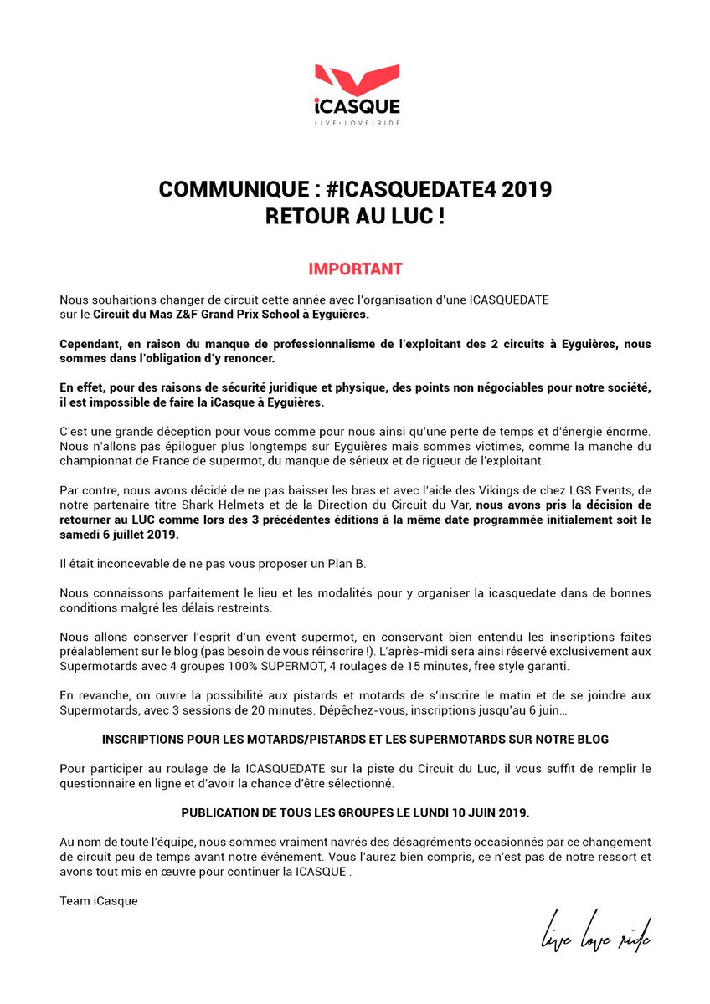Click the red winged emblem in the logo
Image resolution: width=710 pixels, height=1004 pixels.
click(354, 80)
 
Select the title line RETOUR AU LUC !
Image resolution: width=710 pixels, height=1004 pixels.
click(354, 216)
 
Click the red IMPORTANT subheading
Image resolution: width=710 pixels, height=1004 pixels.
click(355, 269)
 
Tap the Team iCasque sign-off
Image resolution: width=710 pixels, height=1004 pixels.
click(99, 900)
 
